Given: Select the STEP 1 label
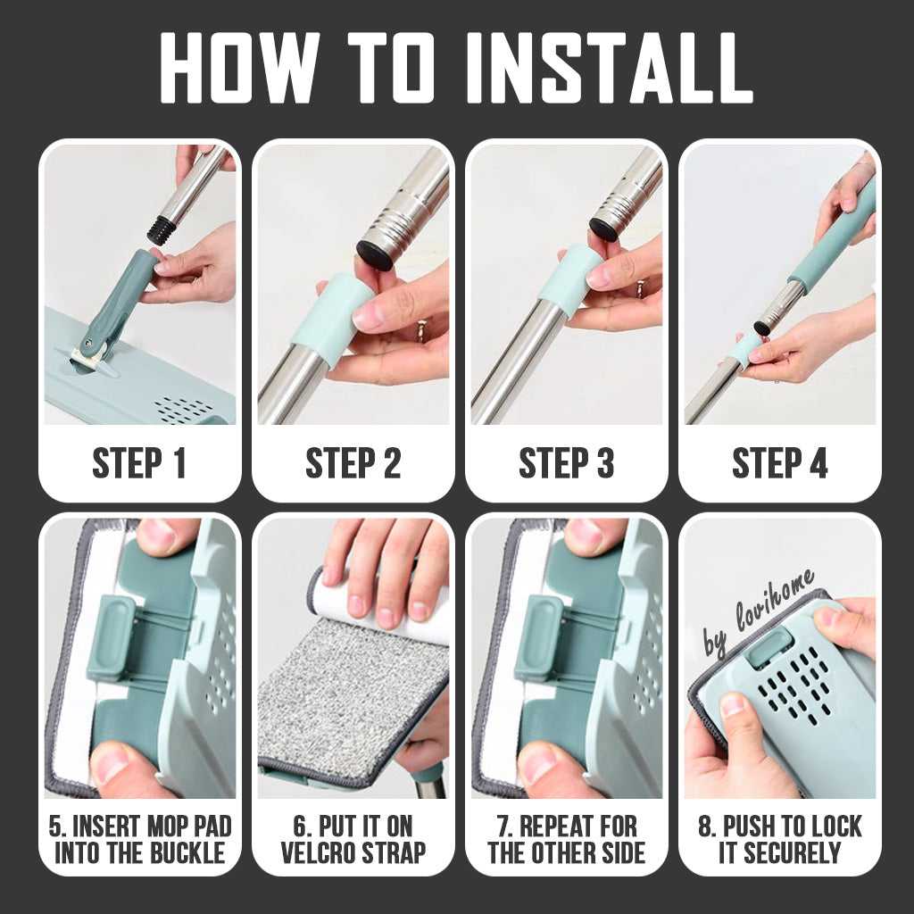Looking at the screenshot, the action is pos(138,463).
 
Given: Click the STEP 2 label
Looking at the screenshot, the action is pos(353,463).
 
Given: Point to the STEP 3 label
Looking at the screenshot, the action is pos(567,463).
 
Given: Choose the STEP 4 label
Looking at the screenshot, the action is pos(780,463).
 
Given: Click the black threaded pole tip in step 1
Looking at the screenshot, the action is pos(161,229).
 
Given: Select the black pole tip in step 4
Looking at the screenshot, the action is pos(764,325).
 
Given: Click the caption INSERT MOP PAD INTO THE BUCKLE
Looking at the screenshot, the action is pos(140,839).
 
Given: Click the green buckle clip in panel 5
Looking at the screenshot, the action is pos(110,637).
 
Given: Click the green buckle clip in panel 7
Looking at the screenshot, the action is pos(538,637).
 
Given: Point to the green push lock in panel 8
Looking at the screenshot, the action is pos(770,646).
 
